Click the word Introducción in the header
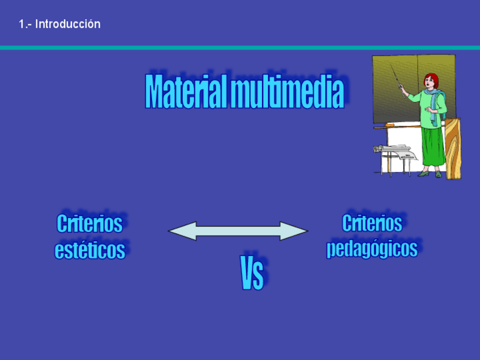pos(68,24)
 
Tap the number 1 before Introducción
pos(22,24)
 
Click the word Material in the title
pos(186,92)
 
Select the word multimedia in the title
pos(287,92)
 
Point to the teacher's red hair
pos(432,80)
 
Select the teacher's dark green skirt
pos(432,147)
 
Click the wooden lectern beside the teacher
pos(453,149)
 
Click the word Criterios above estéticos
pos(89,224)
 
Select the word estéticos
pos(89,250)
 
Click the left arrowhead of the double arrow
pos(182,231)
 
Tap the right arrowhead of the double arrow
pos(294,231)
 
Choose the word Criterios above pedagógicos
pos(372,223)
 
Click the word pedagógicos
pos(372,248)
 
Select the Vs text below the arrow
pos(252,273)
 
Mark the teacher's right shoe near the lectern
pos(438,174)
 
